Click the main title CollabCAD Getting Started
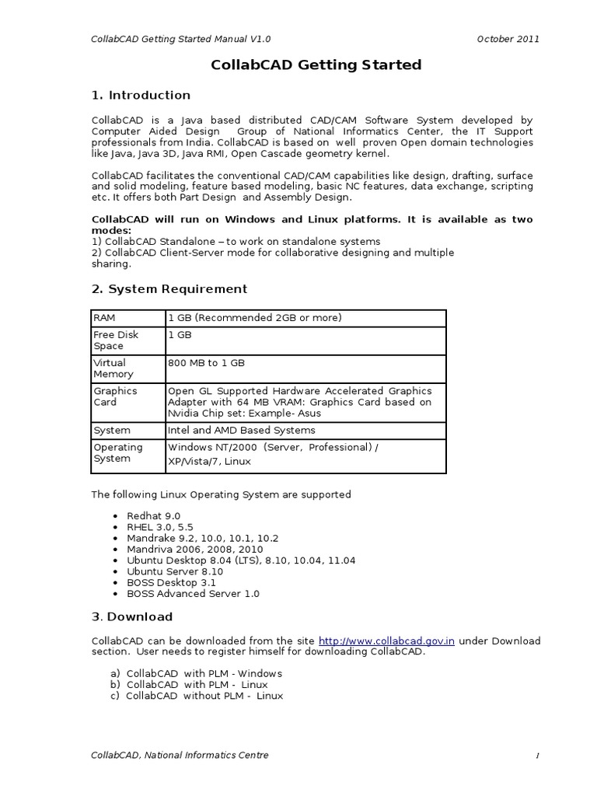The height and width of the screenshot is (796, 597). [x=316, y=65]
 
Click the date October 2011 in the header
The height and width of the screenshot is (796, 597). [x=508, y=39]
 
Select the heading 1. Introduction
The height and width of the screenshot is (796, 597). [x=141, y=96]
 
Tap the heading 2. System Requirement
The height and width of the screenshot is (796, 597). [x=169, y=289]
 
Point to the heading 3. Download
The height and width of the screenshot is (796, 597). [x=132, y=617]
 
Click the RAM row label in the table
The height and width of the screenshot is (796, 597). [x=103, y=318]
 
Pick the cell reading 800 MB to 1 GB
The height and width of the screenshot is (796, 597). [x=206, y=363]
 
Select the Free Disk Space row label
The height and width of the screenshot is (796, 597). [x=116, y=340]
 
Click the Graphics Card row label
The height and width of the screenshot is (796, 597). [x=115, y=396]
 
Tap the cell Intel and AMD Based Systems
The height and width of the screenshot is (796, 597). [x=242, y=431]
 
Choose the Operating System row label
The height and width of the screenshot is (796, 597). [x=118, y=453]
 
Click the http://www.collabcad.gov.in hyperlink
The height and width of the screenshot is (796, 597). [x=386, y=641]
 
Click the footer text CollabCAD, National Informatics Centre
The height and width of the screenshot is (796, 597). [x=180, y=756]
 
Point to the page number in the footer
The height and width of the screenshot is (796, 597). [x=536, y=756]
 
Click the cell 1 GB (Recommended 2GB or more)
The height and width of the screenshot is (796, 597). [x=255, y=318]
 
